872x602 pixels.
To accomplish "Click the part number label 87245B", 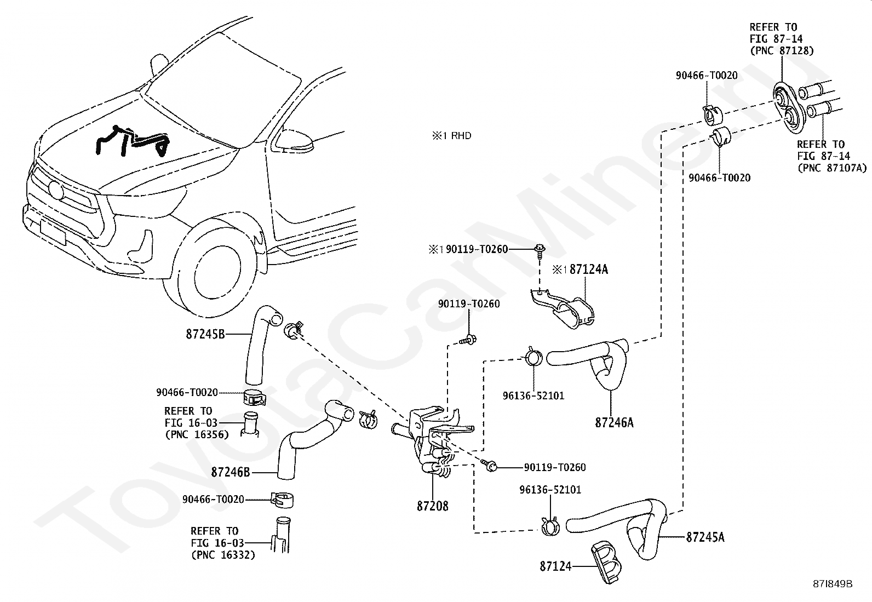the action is (205, 334).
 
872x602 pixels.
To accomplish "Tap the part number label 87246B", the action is (231, 472).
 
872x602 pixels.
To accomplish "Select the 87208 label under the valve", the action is (433, 506).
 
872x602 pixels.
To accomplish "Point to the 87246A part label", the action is (615, 422).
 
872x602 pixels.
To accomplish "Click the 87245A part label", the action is (705, 537).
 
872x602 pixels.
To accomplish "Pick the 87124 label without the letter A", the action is (555, 566).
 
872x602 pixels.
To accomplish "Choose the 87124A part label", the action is (589, 269).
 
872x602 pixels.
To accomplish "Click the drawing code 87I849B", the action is (833, 584).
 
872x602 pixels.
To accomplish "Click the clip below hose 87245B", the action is (254, 397).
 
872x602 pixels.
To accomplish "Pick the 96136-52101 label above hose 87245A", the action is (550, 490).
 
